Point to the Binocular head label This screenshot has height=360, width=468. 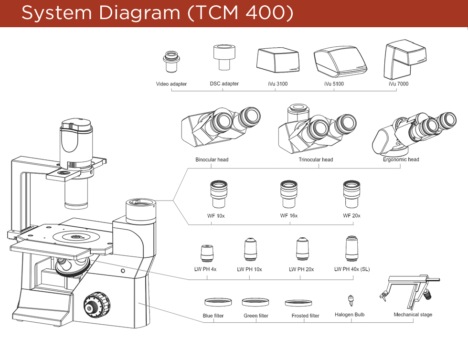coord(212,160)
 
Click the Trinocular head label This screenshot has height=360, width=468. coord(314,160)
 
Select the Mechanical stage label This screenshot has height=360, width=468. coord(414,315)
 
